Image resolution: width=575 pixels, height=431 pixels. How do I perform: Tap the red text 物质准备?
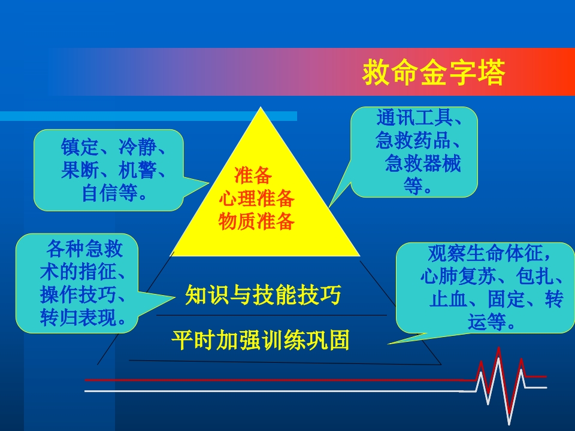pyautogui.click(x=256, y=221)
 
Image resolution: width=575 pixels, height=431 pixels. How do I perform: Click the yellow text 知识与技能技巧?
pyautogui.click(x=264, y=296)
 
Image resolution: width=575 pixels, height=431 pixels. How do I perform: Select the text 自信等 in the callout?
pyautogui.click(x=109, y=193)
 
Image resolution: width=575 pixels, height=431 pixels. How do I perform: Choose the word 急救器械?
pyautogui.click(x=423, y=164)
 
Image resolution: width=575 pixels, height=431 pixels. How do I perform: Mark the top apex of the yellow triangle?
pyautogui.click(x=261, y=108)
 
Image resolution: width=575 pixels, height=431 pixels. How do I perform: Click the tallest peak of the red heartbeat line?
pyautogui.click(x=498, y=349)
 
